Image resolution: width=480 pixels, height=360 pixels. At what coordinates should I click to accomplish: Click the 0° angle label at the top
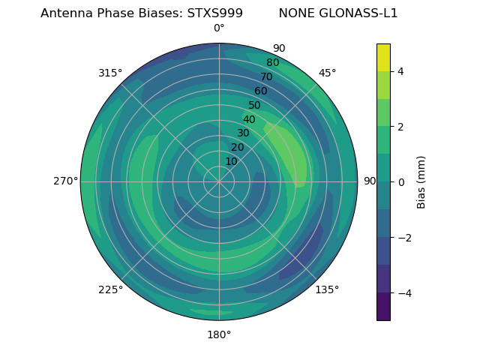pyautogui.click(x=219, y=28)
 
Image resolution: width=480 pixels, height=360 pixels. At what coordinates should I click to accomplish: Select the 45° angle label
pyautogui.click(x=327, y=73)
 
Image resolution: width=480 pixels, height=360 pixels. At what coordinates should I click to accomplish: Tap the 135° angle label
pyautogui.click(x=327, y=289)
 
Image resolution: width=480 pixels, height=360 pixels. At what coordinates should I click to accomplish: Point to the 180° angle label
pyautogui.click(x=219, y=334)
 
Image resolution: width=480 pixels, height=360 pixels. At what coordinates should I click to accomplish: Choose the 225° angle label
pyautogui.click(x=110, y=289)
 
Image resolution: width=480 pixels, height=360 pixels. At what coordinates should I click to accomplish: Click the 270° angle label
pyautogui.click(x=65, y=181)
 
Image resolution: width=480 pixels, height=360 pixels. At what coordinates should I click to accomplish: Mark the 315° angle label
pyautogui.click(x=110, y=73)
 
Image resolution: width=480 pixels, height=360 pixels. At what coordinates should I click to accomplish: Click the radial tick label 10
pyautogui.click(x=231, y=161)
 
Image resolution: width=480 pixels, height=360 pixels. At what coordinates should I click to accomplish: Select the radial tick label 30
pyautogui.click(x=243, y=133)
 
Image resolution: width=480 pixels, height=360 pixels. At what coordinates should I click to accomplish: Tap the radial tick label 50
pyautogui.click(x=255, y=105)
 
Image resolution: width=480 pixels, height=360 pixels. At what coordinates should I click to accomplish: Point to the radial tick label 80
pyautogui.click(x=273, y=62)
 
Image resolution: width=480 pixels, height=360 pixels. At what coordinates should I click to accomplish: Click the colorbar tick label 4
pyautogui.click(x=400, y=71)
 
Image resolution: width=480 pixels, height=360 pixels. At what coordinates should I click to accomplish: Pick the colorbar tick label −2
pyautogui.click(x=403, y=238)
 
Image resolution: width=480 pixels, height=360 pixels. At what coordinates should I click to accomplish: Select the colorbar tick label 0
pyautogui.click(x=400, y=182)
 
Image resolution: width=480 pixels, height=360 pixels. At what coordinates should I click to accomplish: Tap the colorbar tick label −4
pyautogui.click(x=403, y=293)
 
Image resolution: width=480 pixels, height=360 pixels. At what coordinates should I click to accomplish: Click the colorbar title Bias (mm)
pyautogui.click(x=421, y=182)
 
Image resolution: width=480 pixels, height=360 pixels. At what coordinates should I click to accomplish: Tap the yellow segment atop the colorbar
pyautogui.click(x=383, y=57)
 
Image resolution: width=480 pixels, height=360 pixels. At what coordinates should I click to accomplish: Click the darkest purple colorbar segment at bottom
pyautogui.click(x=383, y=307)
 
